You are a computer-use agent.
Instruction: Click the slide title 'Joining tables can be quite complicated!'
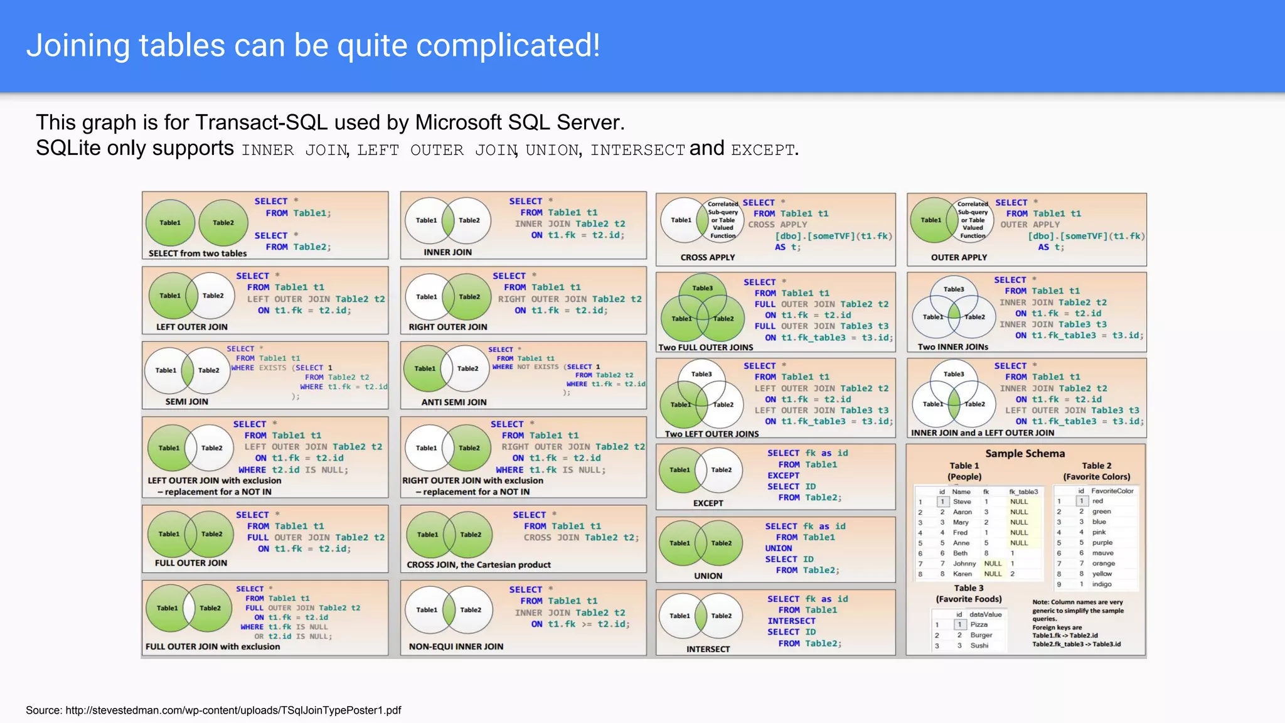(x=313, y=46)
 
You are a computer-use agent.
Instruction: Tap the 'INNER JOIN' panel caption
(x=447, y=252)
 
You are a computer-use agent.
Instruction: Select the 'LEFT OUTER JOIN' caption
(x=191, y=327)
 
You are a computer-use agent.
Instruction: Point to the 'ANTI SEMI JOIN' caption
(x=454, y=402)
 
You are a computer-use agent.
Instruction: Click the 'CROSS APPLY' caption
(x=707, y=257)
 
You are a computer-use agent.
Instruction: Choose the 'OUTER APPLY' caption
(x=959, y=257)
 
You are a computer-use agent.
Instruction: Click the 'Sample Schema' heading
(x=1025, y=454)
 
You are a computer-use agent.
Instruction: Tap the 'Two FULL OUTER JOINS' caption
(x=705, y=348)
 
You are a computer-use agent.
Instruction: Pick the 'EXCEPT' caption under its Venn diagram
(x=708, y=503)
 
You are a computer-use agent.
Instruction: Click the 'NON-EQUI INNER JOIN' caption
(x=456, y=646)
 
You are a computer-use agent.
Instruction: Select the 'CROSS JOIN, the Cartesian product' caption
(x=478, y=565)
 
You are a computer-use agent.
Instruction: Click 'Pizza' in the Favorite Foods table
(x=979, y=624)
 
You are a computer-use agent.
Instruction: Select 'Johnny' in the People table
(x=964, y=564)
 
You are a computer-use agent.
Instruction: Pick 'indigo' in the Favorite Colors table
(x=1101, y=584)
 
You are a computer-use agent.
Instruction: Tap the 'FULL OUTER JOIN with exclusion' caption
(x=213, y=646)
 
